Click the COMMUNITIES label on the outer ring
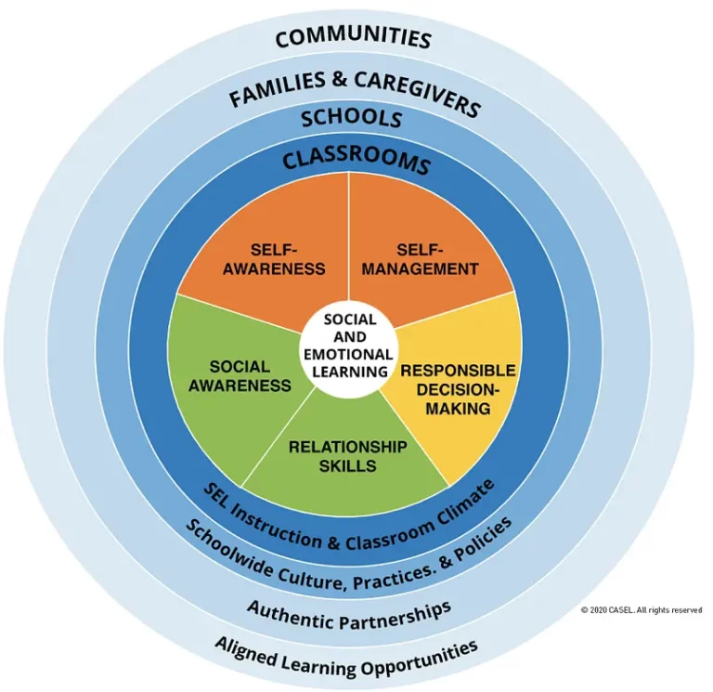354,37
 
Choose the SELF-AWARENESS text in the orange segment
274,259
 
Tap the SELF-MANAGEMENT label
420,259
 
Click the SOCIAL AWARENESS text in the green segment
240,376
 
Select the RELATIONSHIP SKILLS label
348,456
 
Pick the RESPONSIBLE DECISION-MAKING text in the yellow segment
458,389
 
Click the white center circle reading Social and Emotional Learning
349,346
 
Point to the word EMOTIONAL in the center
349,355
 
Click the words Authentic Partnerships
349,616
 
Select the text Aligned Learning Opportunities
346,658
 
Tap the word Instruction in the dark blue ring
279,523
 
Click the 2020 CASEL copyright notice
642,610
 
